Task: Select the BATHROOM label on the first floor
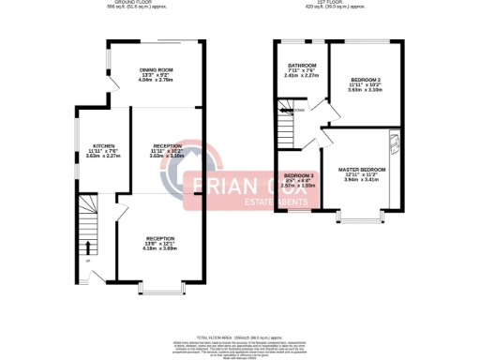click(x=300, y=65)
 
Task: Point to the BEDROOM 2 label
click(x=365, y=79)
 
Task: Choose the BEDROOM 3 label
click(x=299, y=176)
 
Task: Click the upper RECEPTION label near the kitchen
click(x=167, y=145)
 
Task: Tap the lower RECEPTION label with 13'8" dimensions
click(x=160, y=238)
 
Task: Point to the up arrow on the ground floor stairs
click(x=88, y=247)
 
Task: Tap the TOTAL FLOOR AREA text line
click(x=240, y=335)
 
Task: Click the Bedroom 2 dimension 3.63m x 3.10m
click(x=365, y=89)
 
